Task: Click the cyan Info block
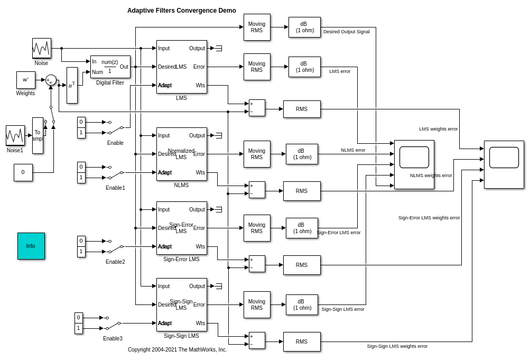(x=31, y=246)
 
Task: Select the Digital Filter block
(x=110, y=67)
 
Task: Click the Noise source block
(x=41, y=48)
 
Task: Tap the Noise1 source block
(x=15, y=135)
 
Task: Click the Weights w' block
(x=25, y=80)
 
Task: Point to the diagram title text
(x=181, y=11)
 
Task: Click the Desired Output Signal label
(x=346, y=32)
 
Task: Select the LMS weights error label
(x=438, y=129)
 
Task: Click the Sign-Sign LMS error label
(x=342, y=309)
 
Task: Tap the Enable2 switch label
(x=115, y=262)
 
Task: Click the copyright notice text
(x=177, y=349)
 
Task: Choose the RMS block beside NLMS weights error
(x=301, y=191)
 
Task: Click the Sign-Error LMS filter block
(x=181, y=228)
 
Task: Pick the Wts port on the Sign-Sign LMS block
(x=200, y=323)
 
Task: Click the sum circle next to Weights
(x=51, y=80)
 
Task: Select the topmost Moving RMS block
(x=256, y=27)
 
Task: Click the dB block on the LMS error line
(x=304, y=67)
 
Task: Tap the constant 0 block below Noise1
(x=23, y=172)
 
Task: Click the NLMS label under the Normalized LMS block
(x=181, y=185)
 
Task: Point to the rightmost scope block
(x=504, y=164)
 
